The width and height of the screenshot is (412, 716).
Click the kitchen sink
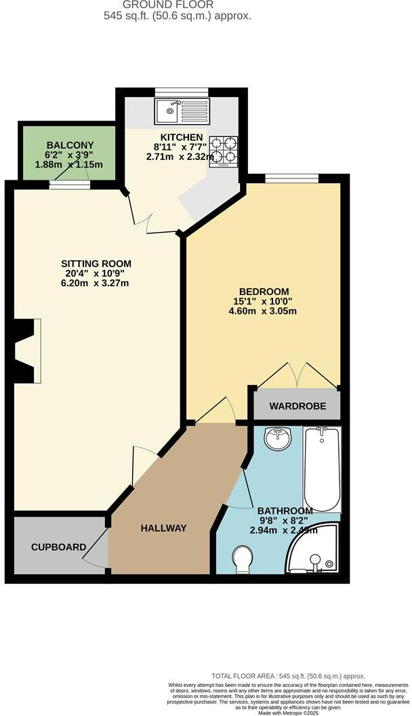pos(178,110)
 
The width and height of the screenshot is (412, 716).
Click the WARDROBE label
pos(297,407)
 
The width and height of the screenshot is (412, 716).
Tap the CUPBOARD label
pos(59,546)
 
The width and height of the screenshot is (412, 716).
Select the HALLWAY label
pos(163,528)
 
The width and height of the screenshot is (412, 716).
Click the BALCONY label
pos(70,145)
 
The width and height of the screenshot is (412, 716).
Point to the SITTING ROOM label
pos(96,263)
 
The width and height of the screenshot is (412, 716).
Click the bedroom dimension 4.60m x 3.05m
pos(263,311)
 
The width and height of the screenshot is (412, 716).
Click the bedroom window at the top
pos(291,179)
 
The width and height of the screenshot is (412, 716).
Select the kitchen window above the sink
pos(181,92)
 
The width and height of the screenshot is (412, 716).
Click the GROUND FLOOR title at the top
pos(178,4)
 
